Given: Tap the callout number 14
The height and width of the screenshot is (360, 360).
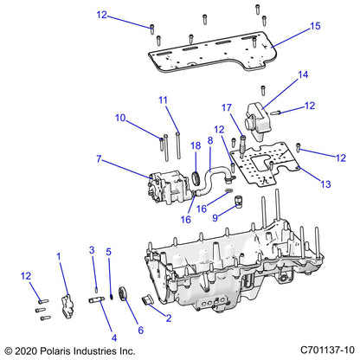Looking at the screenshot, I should click(x=303, y=75).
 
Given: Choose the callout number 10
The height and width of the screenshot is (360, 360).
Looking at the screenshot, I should click(x=120, y=118).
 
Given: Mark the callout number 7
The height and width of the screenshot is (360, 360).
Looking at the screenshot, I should click(x=100, y=159).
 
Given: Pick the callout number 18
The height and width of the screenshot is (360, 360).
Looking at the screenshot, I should click(x=196, y=147).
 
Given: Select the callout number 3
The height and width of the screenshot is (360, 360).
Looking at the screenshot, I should click(x=92, y=250).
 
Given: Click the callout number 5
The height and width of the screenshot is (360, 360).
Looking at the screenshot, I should click(x=109, y=251).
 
